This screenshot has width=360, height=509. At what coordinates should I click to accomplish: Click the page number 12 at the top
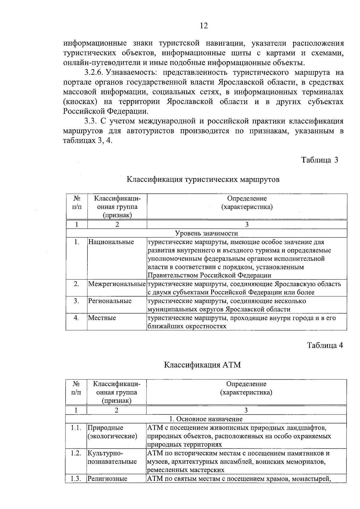click(204, 26)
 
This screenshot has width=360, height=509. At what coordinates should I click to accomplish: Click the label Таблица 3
click(319, 160)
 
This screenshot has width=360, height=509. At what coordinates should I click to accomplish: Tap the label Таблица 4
click(325, 345)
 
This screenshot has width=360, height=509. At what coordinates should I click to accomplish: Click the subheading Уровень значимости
click(206, 233)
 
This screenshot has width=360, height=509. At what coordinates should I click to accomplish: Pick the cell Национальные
click(111, 242)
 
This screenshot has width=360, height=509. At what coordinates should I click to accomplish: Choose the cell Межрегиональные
click(117, 284)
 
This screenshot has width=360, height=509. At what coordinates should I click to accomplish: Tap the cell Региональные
click(110, 301)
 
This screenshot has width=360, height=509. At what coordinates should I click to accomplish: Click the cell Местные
click(102, 318)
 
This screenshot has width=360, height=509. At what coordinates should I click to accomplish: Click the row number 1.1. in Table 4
click(76, 428)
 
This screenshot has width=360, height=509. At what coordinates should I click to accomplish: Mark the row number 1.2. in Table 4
click(76, 453)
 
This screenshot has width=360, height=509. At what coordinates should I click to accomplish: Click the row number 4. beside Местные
click(76, 318)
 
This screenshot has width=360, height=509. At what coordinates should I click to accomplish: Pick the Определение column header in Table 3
click(247, 198)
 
